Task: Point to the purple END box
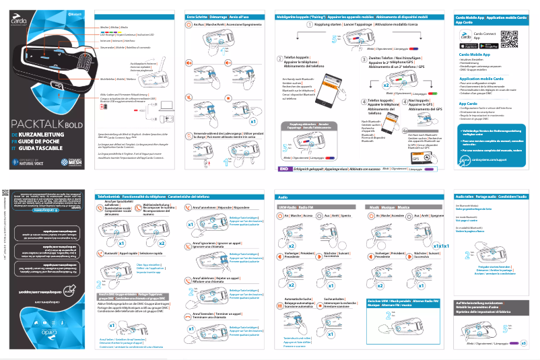tap(285, 169)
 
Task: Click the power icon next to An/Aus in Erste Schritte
tap(191, 24)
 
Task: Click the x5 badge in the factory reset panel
tap(523, 343)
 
